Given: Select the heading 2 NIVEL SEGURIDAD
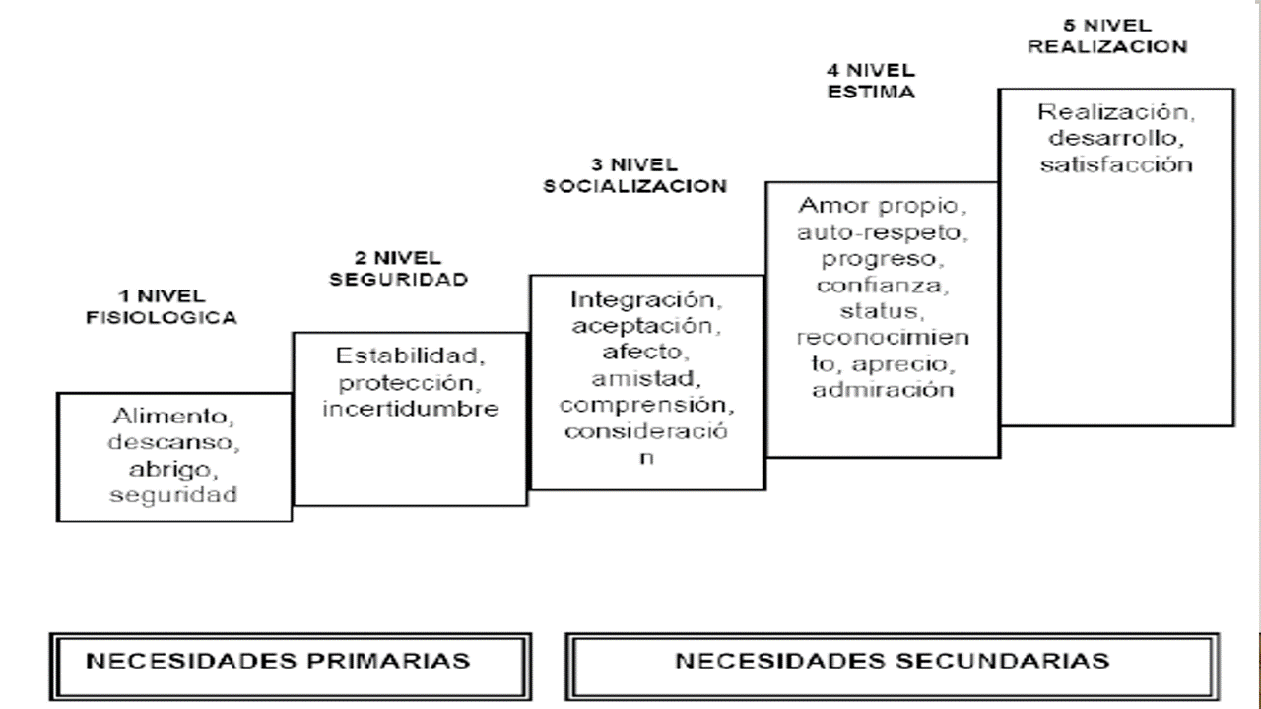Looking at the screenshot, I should [398, 268].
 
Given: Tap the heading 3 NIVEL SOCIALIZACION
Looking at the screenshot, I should [634, 175].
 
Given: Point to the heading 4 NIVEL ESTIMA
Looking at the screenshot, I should [870, 82].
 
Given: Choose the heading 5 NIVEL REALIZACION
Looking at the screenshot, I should [1107, 35].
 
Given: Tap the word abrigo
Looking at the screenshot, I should [173, 467].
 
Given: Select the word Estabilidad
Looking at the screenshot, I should [409, 354].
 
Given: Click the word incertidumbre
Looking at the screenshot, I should [410, 408].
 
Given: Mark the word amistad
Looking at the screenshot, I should [646, 378].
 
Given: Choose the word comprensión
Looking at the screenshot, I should [646, 405].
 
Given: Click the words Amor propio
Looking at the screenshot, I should [882, 207].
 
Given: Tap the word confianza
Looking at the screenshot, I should [882, 286].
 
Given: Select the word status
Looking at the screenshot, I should [882, 311].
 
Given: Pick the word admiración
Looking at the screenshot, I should [883, 390].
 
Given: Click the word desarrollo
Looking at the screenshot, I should [1115, 137].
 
